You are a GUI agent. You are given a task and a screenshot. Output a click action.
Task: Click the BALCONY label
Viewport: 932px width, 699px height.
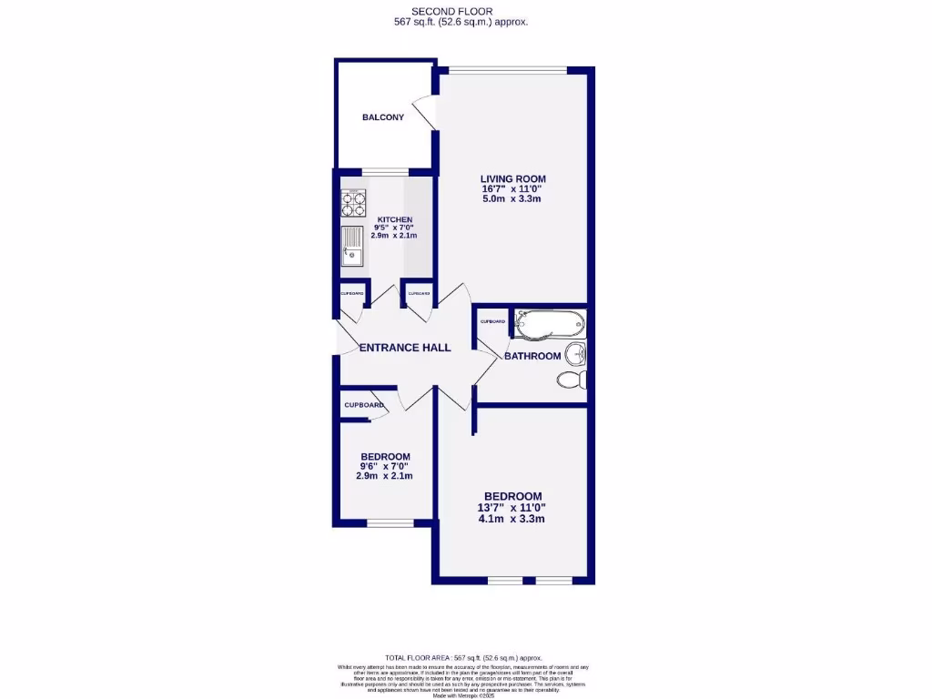pyautogui.click(x=383, y=117)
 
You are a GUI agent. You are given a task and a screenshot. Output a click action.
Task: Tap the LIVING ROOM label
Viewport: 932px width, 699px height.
pyautogui.click(x=513, y=178)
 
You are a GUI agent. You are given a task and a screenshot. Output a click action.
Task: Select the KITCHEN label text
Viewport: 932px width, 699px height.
pyautogui.click(x=395, y=219)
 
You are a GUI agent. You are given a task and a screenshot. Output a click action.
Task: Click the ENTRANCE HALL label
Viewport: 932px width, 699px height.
pyautogui.click(x=405, y=348)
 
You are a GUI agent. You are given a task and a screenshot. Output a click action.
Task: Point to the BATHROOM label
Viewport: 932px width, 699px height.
pyautogui.click(x=532, y=356)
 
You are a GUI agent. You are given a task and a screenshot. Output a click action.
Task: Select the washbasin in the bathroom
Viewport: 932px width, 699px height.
pyautogui.click(x=575, y=353)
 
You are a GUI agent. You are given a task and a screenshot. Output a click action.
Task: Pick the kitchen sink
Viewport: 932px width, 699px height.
pyautogui.click(x=351, y=246)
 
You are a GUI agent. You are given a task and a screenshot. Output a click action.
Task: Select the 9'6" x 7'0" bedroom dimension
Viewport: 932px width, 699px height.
pyautogui.click(x=385, y=466)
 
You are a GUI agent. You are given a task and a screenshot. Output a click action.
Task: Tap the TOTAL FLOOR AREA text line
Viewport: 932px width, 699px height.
pyautogui.click(x=463, y=657)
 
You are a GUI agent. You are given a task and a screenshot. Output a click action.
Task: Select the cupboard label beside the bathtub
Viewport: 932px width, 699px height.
pyautogui.click(x=493, y=321)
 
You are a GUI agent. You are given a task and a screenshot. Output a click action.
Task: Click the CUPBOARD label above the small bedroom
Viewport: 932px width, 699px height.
pyautogui.click(x=363, y=405)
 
